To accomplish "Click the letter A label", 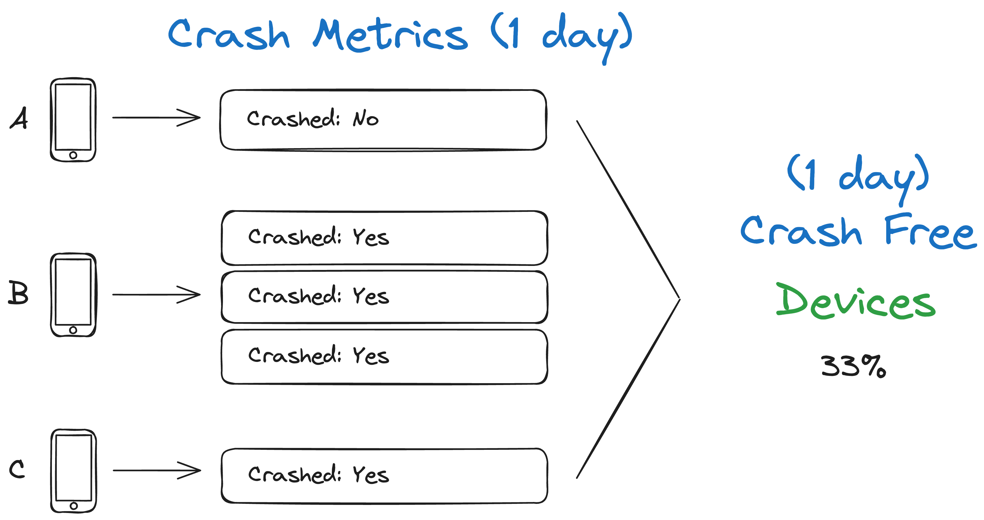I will click(x=19, y=118).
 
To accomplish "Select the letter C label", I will click(x=17, y=469).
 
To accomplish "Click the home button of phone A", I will click(x=73, y=155).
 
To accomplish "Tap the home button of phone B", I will click(x=73, y=330).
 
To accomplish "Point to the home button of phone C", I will click(x=74, y=506).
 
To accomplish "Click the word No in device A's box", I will click(x=365, y=119).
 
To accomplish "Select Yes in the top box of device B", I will click(x=371, y=237).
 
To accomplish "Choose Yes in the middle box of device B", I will click(x=371, y=296).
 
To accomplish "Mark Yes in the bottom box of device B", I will click(x=371, y=356).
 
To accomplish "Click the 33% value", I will click(x=853, y=366).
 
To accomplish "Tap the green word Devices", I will click(x=856, y=302).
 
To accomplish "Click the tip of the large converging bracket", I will click(x=680, y=298).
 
